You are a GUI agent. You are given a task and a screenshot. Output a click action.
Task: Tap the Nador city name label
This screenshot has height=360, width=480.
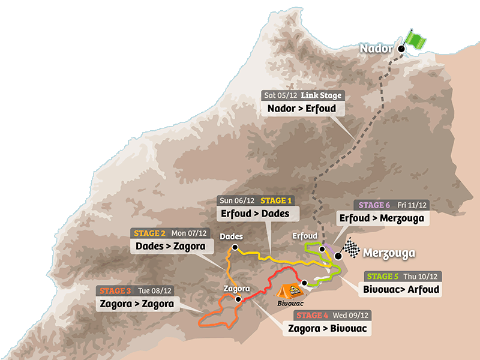(x=376, y=49)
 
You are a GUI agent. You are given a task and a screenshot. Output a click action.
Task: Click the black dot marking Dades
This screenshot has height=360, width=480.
(x=235, y=247)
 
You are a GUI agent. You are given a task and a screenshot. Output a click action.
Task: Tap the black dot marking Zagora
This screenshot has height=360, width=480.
(x=238, y=298)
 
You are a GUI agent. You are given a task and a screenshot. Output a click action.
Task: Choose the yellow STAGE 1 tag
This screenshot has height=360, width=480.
(x=276, y=200)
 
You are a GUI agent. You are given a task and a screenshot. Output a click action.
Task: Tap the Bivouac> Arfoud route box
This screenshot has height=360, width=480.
(x=401, y=289)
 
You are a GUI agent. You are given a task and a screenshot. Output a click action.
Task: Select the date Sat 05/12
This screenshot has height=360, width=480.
(x=282, y=95)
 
